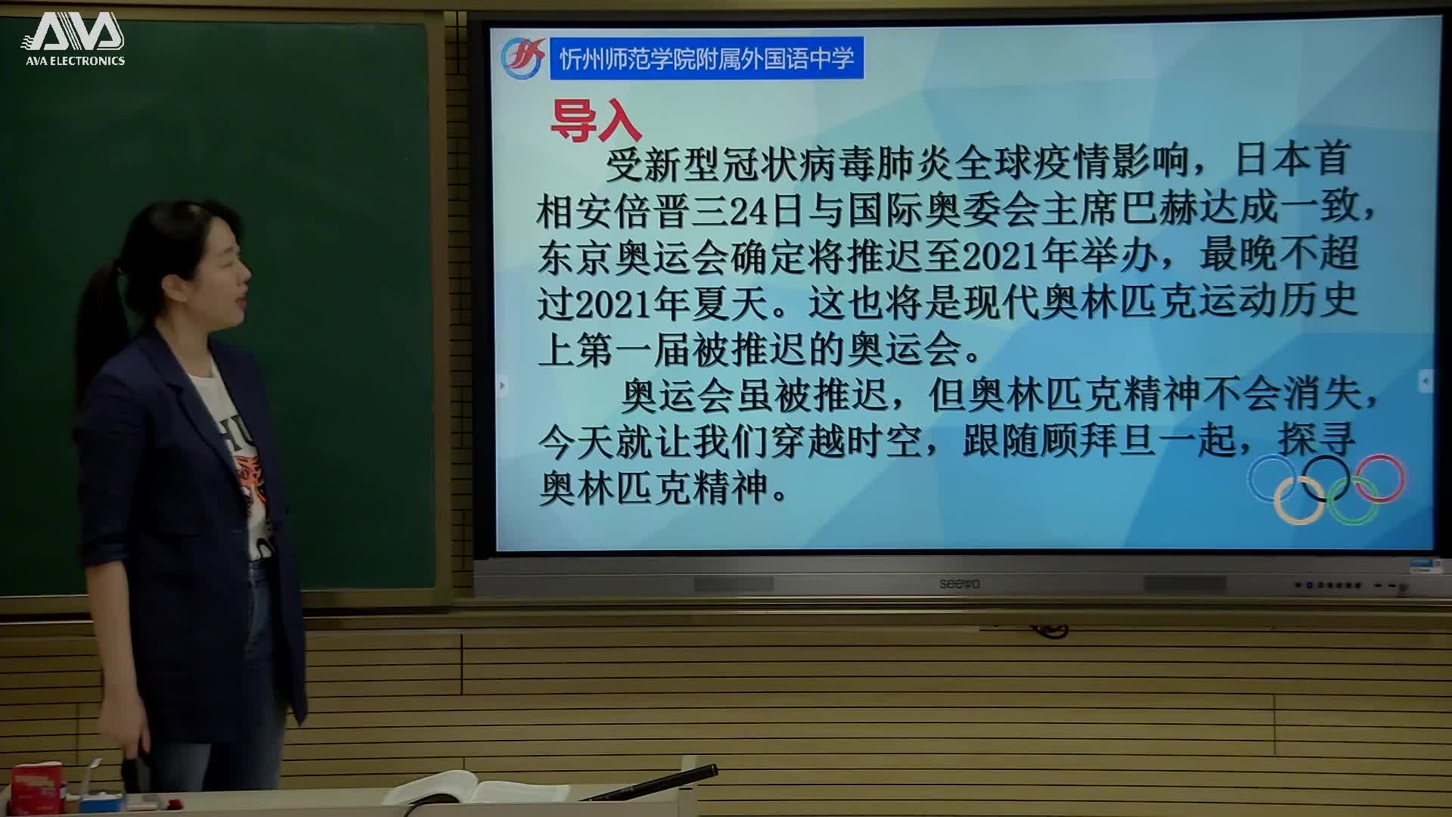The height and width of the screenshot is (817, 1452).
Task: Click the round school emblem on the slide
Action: tap(523, 58)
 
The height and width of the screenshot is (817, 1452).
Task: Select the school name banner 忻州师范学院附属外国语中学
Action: tap(706, 58)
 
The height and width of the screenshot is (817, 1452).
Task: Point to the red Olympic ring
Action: tap(1380, 477)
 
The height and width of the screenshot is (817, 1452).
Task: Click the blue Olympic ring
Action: tap(1271, 477)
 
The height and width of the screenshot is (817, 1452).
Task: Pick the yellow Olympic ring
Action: tap(1298, 502)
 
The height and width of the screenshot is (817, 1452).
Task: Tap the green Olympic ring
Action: tap(1353, 502)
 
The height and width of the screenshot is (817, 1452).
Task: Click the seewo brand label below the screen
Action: tap(959, 583)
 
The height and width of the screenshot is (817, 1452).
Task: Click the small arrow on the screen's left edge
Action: tap(502, 386)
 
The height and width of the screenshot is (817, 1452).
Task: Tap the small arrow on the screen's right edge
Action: tap(1425, 381)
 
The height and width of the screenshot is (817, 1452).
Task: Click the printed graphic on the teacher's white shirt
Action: tap(253, 484)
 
